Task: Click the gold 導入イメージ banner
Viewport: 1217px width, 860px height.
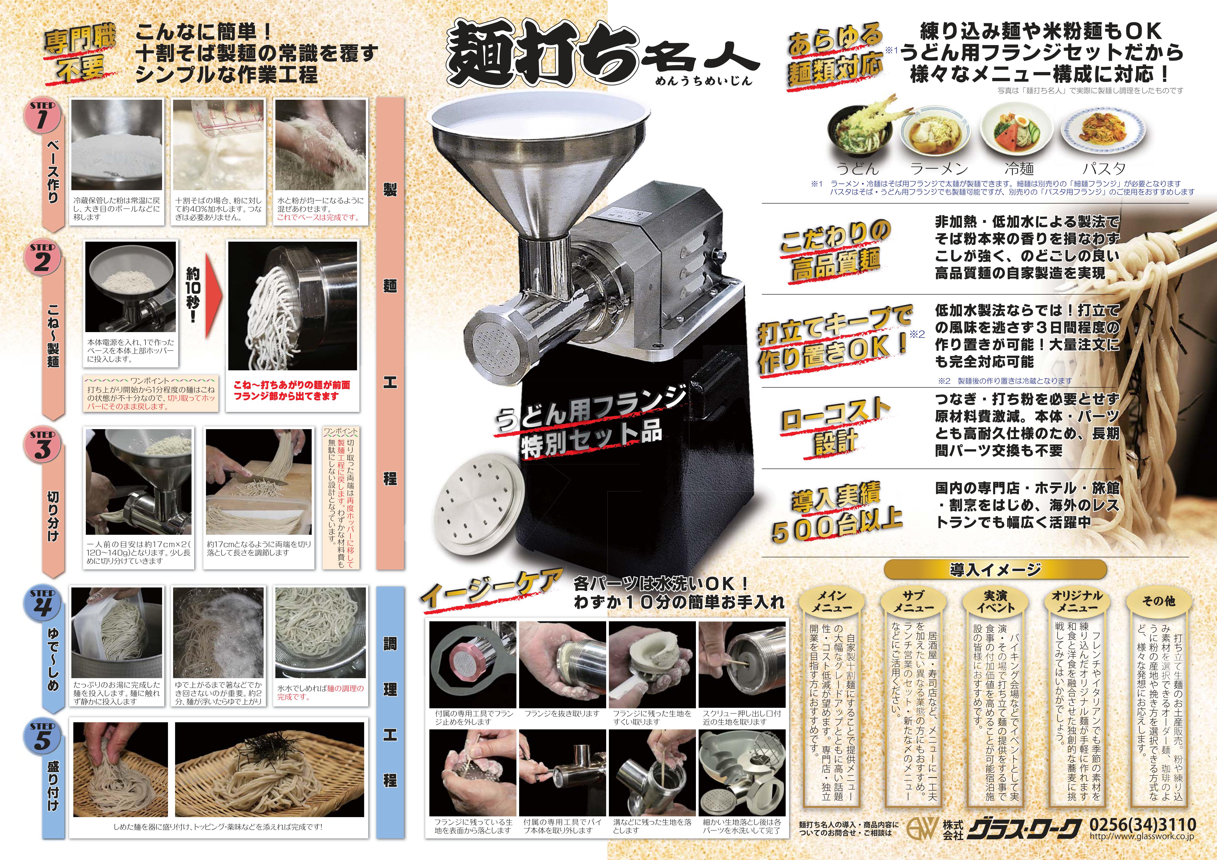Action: click(x=995, y=570)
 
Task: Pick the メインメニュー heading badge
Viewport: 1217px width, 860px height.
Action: click(x=831, y=601)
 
